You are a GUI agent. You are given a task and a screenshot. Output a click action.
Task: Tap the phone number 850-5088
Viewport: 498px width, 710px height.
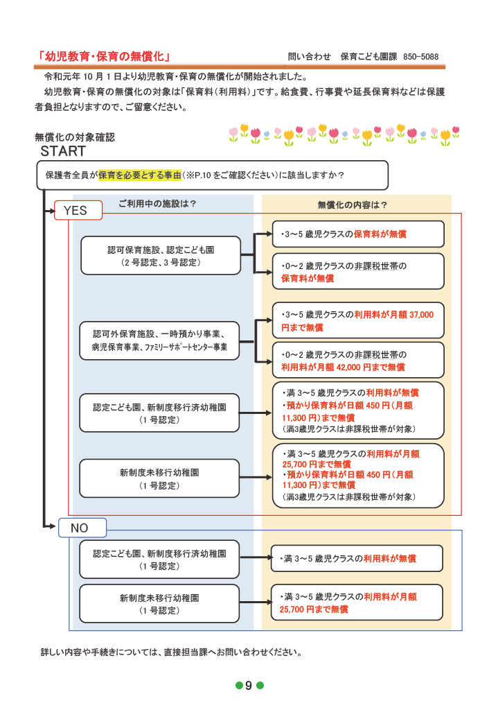point(420,57)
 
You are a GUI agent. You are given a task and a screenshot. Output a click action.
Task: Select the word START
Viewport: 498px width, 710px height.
point(63,150)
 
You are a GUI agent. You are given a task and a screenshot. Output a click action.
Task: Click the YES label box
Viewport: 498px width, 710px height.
point(78,210)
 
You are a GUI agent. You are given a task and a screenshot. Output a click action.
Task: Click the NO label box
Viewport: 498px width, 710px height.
point(81,528)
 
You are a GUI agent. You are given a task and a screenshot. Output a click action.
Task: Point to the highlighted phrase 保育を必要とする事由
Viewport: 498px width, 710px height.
point(140,175)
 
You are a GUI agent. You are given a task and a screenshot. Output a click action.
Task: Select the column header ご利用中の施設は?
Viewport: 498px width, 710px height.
point(157,203)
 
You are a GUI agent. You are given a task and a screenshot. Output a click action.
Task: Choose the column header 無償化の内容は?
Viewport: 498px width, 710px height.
point(352,205)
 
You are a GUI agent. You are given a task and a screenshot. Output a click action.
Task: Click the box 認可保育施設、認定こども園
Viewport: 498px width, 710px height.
point(160,255)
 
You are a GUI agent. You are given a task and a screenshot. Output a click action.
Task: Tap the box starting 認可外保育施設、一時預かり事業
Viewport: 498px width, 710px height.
point(160,340)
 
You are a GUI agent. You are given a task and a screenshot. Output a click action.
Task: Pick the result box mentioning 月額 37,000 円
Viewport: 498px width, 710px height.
point(357,320)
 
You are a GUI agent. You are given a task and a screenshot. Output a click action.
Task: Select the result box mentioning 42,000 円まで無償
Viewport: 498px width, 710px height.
point(357,361)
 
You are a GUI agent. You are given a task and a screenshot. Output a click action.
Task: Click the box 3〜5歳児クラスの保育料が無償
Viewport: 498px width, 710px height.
point(357,234)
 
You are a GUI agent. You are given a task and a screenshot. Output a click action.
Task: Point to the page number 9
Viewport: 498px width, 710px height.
point(249,686)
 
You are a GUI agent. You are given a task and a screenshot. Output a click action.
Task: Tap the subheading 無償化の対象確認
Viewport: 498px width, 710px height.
point(74,137)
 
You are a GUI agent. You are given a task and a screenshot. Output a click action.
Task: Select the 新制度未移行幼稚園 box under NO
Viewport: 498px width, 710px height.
point(160,603)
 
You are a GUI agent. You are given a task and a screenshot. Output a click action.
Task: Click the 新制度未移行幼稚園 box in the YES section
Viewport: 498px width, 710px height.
point(160,478)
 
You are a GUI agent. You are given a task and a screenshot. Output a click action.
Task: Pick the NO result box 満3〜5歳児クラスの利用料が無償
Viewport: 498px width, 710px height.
point(357,558)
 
